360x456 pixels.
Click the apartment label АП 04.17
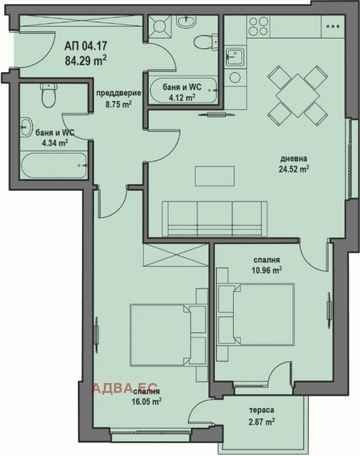tap(86, 46)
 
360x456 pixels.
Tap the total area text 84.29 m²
tap(86, 60)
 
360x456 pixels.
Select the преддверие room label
tap(119, 93)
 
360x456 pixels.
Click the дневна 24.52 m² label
tap(294, 164)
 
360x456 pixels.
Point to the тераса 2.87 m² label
tap(262, 416)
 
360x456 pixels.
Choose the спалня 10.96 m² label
tap(267, 265)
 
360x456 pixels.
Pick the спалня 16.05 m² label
tap(147, 396)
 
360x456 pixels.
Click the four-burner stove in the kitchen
tap(258, 26)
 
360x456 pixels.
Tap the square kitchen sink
tap(234, 56)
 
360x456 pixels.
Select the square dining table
tap(298, 95)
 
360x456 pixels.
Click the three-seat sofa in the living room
tap(215, 218)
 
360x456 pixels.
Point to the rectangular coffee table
tap(215, 176)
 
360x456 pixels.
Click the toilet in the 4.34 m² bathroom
tap(48, 95)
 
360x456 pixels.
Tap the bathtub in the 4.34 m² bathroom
tap(54, 165)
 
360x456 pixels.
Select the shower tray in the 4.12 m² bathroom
tap(159, 26)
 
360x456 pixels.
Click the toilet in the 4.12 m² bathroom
tap(206, 43)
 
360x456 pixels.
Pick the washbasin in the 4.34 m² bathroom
tap(26, 127)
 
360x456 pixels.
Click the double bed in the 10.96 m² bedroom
tap(256, 314)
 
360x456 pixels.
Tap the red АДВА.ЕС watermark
tap(125, 388)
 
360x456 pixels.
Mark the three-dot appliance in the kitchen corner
tap(333, 26)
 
